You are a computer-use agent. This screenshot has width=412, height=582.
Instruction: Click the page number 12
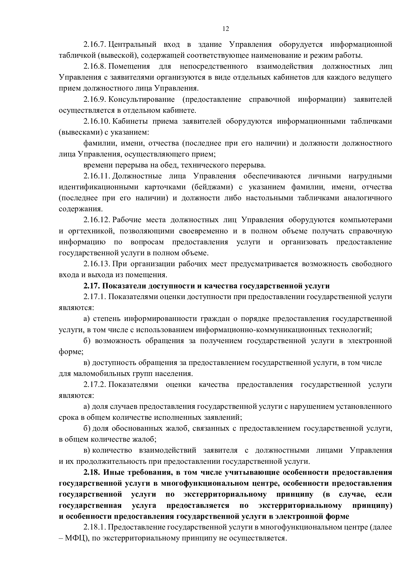[225, 29]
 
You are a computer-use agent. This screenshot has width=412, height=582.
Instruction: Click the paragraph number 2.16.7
[94, 45]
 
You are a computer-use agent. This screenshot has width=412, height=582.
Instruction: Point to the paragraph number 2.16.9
[94, 99]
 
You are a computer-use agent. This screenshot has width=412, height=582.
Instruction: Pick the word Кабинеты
[128, 121]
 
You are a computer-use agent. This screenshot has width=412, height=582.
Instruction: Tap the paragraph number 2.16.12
[96, 220]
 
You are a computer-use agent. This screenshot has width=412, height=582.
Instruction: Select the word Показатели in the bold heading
[124, 286]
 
